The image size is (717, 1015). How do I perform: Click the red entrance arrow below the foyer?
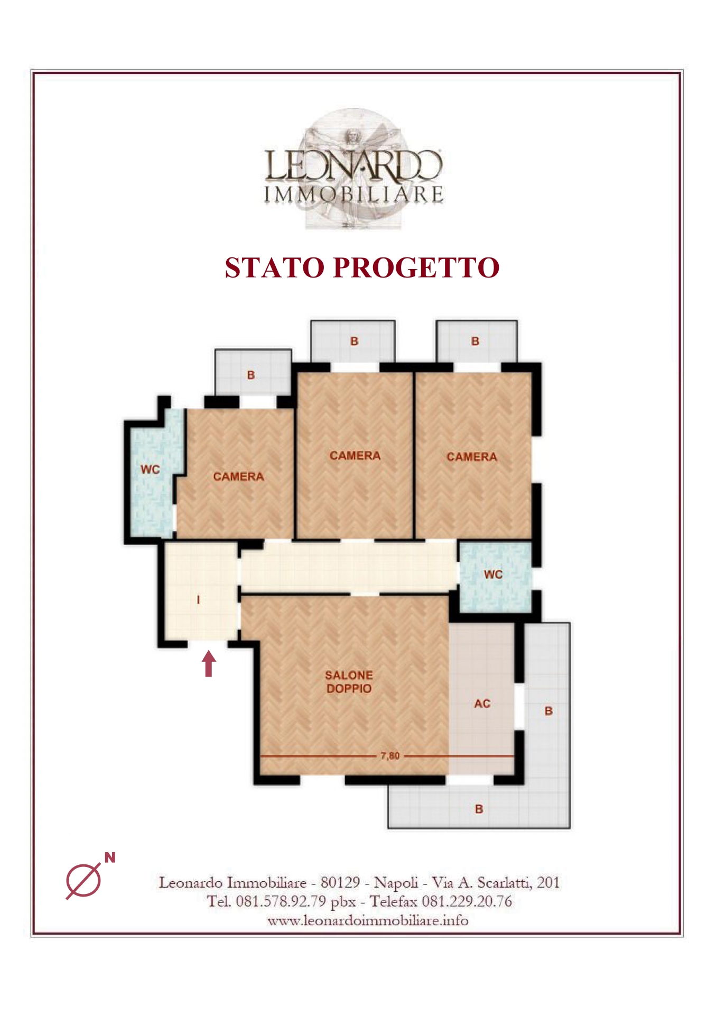[209, 663]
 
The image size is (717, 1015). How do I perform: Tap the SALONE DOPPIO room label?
[349, 682]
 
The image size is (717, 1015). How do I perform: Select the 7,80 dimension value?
[390, 755]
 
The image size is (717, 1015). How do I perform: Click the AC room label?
[482, 704]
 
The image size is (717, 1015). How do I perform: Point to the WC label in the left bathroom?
[150, 469]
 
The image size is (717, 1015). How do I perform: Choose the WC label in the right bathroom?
[493, 574]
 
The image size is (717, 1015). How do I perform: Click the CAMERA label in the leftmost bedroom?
[238, 477]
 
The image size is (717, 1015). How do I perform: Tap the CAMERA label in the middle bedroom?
[355, 456]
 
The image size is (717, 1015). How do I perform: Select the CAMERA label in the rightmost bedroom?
[472, 457]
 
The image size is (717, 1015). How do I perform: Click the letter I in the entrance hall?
[198, 599]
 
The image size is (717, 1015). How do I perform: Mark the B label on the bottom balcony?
[479, 809]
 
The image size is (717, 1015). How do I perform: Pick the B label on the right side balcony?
[548, 711]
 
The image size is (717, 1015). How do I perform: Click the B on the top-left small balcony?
[251, 375]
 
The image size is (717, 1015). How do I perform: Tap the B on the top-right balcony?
[476, 341]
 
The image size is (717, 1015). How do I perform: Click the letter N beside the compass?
[110, 858]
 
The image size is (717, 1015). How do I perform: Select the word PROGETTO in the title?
[416, 267]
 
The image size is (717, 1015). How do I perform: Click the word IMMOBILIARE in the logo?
[353, 194]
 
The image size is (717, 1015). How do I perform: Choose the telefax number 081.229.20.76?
[467, 901]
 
